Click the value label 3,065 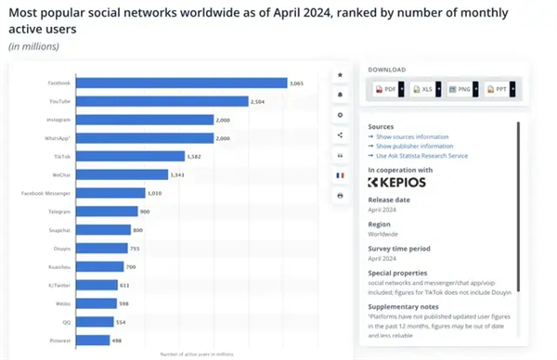[x=296, y=83]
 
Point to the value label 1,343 [x=178, y=174]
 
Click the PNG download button [x=460, y=89]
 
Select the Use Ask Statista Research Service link [x=421, y=155]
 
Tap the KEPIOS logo [x=397, y=182]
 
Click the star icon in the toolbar [x=340, y=74]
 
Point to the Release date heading [x=389, y=199]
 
